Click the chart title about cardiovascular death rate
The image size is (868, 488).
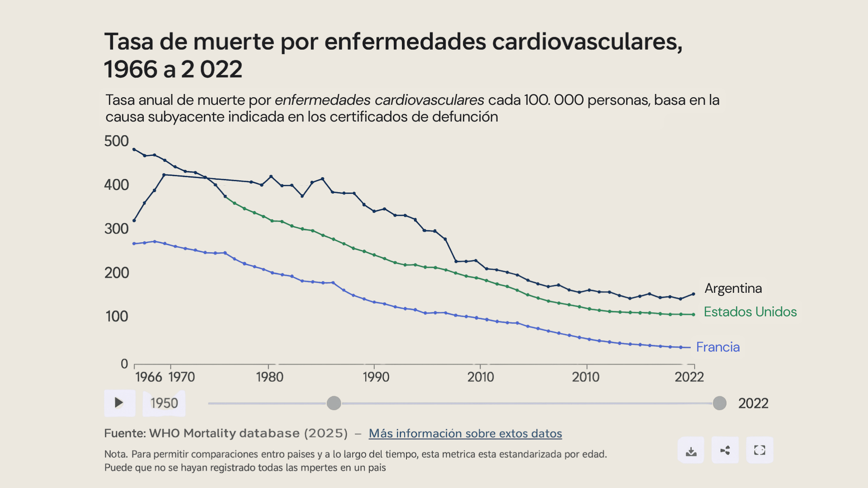tap(393, 55)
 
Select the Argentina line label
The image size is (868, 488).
tap(733, 288)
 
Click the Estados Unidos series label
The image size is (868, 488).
tap(750, 312)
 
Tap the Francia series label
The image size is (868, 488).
tap(717, 347)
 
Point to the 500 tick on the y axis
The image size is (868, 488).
tap(117, 141)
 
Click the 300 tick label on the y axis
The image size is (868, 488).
tap(117, 229)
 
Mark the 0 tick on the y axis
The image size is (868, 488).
tap(124, 364)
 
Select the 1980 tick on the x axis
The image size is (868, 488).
tap(269, 377)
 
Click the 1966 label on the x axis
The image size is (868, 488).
tap(148, 377)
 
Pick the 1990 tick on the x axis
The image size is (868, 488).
tap(376, 377)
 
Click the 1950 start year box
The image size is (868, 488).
tap(164, 403)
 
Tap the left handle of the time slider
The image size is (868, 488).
tap(334, 403)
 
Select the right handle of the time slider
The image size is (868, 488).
tap(719, 403)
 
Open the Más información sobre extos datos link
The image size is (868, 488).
tap(465, 433)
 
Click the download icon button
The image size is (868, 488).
tap(691, 450)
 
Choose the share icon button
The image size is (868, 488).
tap(725, 450)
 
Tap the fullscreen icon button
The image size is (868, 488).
tap(759, 450)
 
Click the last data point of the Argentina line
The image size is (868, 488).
tap(693, 294)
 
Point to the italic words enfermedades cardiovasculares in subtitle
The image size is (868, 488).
tap(379, 100)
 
